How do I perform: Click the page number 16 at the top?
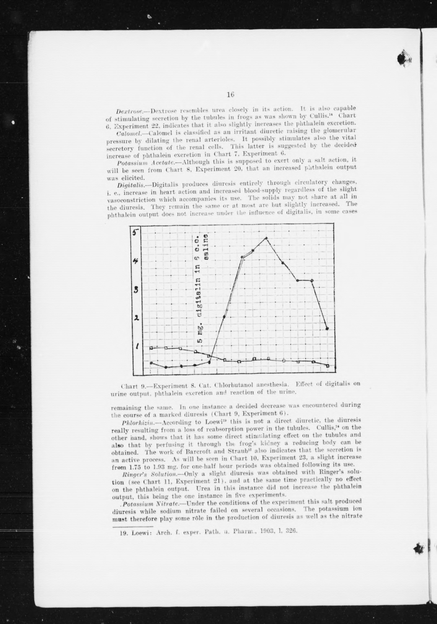230,95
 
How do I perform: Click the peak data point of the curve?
266,238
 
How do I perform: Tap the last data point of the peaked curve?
327,329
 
